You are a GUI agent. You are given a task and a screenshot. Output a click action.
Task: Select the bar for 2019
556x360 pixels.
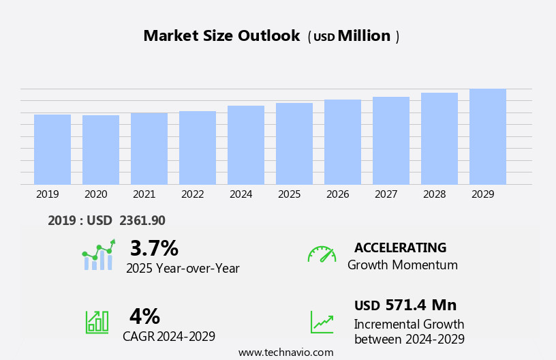(x=52, y=149)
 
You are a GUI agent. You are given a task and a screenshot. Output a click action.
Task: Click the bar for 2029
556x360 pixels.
(x=488, y=136)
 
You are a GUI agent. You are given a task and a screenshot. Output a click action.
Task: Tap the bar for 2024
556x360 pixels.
(x=246, y=145)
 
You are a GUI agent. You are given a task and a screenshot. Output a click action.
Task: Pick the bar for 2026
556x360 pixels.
(x=343, y=142)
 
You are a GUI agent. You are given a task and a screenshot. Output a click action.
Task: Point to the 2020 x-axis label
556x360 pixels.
(x=96, y=194)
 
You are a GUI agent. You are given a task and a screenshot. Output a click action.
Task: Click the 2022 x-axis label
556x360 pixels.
(x=193, y=194)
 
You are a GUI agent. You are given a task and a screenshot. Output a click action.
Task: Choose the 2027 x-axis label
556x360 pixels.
(x=386, y=194)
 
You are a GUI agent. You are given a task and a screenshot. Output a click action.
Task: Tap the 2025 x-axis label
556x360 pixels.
(x=290, y=194)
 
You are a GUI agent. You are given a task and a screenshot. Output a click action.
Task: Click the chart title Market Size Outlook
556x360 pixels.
(x=221, y=36)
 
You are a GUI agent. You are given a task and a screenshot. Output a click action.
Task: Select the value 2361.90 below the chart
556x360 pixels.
(x=142, y=221)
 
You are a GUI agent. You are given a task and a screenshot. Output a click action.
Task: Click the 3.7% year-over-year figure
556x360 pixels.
(x=154, y=248)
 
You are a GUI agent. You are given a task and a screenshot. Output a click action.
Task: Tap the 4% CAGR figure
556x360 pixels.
(x=144, y=316)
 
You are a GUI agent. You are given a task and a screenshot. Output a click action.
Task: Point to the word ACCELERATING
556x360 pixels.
(x=400, y=248)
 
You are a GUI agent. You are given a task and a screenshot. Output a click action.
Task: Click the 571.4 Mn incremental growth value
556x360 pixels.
(x=420, y=305)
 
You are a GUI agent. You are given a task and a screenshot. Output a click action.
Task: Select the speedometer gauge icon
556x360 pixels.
(x=322, y=254)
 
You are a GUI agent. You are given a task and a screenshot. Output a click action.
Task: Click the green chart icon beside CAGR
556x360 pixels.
(x=97, y=322)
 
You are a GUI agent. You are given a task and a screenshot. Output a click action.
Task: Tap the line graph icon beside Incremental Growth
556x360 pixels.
(x=322, y=322)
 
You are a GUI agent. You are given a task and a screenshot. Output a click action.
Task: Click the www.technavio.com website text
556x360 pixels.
(x=285, y=352)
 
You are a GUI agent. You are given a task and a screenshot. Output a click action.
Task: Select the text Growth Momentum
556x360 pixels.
(x=403, y=265)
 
